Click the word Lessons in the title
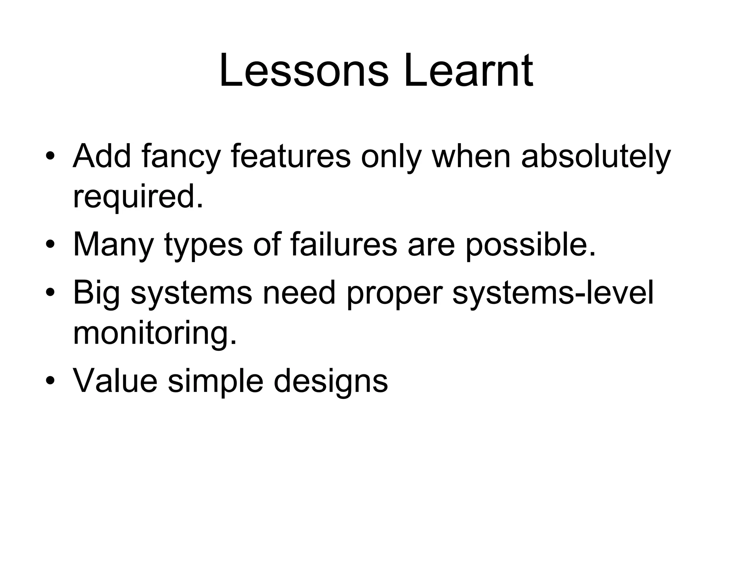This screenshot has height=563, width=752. [304, 70]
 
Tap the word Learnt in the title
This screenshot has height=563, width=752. [468, 70]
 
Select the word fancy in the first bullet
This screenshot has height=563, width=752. [181, 157]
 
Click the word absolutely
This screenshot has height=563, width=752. [596, 157]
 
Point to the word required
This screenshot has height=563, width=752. [138, 197]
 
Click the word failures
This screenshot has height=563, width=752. [344, 244]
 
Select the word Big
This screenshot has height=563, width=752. [97, 293]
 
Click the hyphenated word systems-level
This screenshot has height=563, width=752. [553, 293]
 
